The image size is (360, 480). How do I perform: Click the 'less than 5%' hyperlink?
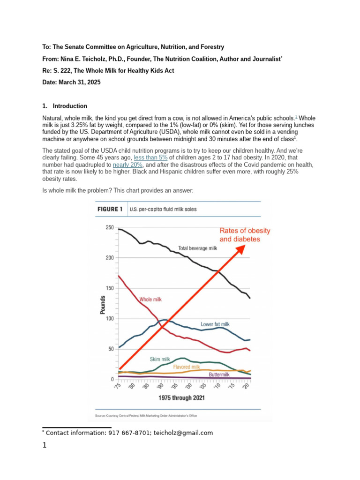point(150,158)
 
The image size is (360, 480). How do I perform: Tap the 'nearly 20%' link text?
point(128,165)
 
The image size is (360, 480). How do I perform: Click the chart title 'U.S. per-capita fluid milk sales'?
point(163,209)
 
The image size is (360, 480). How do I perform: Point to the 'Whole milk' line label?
point(150,299)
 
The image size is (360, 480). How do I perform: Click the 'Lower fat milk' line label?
point(215,324)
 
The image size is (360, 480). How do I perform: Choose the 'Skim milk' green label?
point(160,359)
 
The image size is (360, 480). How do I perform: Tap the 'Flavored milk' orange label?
point(187,367)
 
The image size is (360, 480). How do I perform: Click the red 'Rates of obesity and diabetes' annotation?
point(245,234)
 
